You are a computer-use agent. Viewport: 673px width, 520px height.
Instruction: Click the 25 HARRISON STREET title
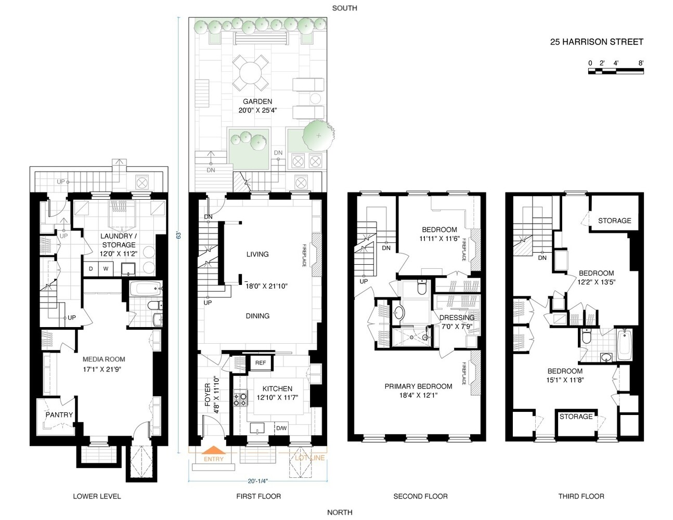(x=597, y=42)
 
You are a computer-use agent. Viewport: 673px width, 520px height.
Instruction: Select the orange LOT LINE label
(x=309, y=458)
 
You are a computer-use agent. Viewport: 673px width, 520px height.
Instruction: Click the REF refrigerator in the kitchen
(x=261, y=363)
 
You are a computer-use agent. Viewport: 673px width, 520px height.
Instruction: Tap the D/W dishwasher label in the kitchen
(x=281, y=428)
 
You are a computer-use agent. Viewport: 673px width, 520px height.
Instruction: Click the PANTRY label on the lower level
(x=59, y=415)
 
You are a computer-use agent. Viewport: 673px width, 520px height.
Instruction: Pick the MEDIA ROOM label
(x=104, y=359)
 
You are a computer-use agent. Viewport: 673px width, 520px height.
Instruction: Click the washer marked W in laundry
(x=106, y=269)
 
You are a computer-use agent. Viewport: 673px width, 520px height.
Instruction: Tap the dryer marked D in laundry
(x=91, y=269)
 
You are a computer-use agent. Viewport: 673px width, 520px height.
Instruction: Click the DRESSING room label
(x=457, y=318)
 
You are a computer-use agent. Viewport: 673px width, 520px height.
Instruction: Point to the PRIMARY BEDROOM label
(x=418, y=386)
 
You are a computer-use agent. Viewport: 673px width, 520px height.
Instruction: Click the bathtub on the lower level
(x=141, y=288)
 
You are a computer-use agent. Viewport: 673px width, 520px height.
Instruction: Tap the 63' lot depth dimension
(x=178, y=235)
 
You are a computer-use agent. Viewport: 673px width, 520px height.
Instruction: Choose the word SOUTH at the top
(x=344, y=8)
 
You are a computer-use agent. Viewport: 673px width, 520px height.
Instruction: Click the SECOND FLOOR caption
(x=420, y=496)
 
